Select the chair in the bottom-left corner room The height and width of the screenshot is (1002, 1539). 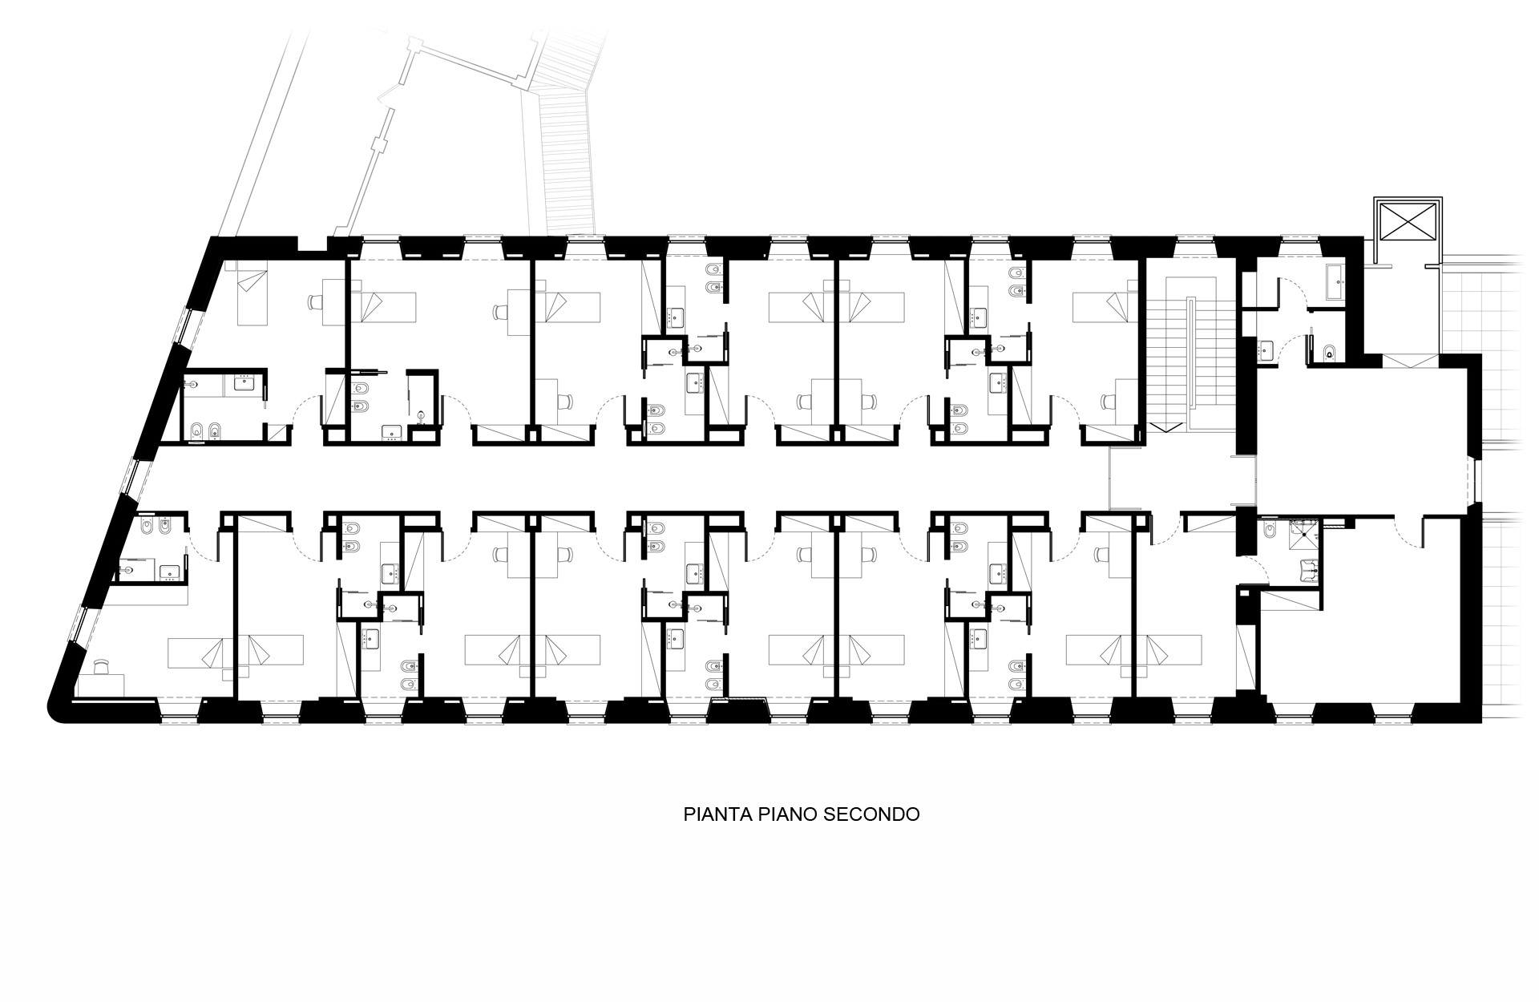coord(101,668)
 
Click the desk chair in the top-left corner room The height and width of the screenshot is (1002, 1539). coord(315,302)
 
